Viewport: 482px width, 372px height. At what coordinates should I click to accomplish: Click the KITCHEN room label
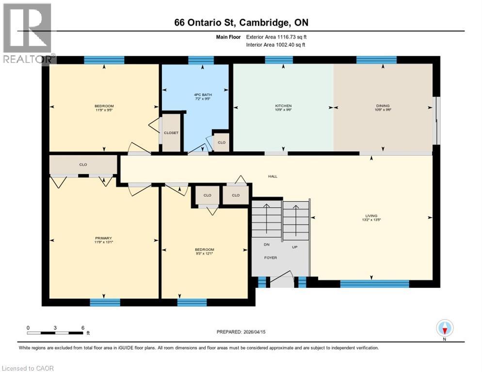click(x=283, y=106)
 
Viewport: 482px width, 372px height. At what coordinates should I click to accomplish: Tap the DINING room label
click(x=383, y=106)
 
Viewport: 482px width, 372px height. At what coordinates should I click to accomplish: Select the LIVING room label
click(x=371, y=216)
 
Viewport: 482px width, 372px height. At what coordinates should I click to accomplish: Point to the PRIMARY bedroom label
click(x=103, y=238)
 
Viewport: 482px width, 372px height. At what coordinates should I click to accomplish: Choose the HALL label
click(x=273, y=176)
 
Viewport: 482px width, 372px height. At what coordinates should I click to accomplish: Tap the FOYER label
click(x=271, y=258)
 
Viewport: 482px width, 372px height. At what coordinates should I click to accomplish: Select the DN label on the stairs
click(x=266, y=245)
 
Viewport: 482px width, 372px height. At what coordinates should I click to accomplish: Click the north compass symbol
click(x=444, y=328)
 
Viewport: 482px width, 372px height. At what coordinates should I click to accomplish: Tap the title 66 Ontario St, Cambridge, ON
click(x=241, y=23)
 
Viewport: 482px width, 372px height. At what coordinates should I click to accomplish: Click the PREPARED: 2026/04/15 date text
click(x=241, y=332)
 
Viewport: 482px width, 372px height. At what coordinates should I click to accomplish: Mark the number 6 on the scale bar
click(x=82, y=327)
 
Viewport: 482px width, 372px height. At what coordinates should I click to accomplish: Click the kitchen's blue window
click(x=279, y=60)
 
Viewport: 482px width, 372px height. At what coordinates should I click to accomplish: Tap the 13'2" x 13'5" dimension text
click(x=371, y=220)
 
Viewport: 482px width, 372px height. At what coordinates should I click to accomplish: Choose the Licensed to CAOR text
click(x=27, y=368)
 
